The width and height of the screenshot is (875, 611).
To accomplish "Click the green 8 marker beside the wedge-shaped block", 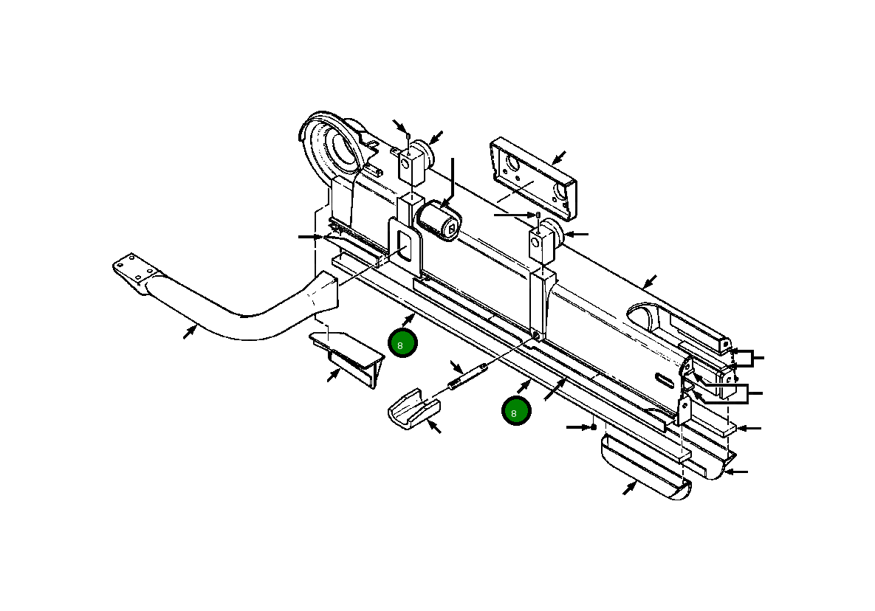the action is [403, 344].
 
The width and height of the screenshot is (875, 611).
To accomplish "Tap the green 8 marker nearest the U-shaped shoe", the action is [516, 411].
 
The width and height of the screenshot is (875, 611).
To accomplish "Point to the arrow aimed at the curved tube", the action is [190, 332].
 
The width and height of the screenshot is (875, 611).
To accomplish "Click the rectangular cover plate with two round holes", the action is [535, 177].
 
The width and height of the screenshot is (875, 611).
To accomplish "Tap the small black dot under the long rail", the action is [593, 427].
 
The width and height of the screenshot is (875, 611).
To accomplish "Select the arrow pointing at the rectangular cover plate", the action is [559, 157].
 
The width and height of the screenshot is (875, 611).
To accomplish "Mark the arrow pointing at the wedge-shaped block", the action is [334, 375].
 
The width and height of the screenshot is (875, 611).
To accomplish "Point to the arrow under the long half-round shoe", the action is [630, 489].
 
